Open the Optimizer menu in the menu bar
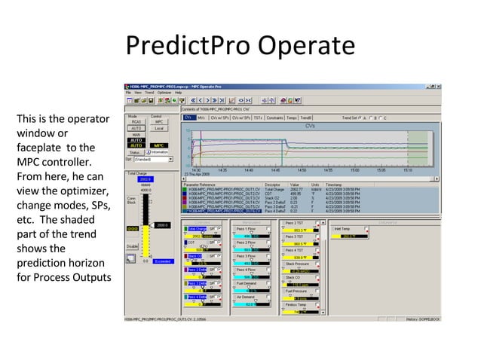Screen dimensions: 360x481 coord(158,92)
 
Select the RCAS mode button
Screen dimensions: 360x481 coord(136,122)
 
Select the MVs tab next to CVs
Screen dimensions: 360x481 coord(201,118)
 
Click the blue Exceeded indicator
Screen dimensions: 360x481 coord(163,261)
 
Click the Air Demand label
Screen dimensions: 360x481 coord(247,297)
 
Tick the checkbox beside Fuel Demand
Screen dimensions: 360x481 coord(268,282)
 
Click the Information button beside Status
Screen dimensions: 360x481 coord(158,152)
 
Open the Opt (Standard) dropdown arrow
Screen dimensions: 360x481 coord(170,159)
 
